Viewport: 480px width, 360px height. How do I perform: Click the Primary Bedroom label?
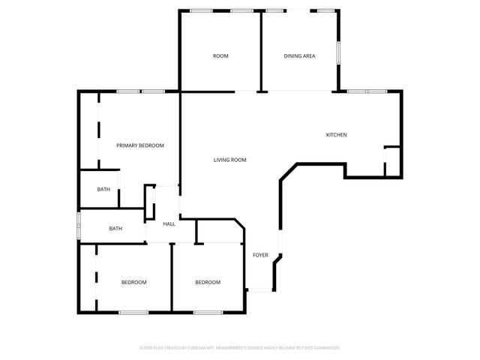tap(139, 145)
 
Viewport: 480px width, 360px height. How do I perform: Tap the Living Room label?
tap(229, 160)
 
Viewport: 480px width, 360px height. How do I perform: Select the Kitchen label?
tap(335, 135)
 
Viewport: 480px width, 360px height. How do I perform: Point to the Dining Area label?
tap(298, 56)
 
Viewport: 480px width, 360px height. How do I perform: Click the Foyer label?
tap(260, 255)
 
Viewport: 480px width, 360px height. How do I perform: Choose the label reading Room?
tap(220, 56)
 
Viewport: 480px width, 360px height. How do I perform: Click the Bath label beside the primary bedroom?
tap(103, 189)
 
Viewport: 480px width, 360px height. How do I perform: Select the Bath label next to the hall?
tap(115, 229)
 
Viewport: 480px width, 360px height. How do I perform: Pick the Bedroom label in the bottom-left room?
tap(133, 282)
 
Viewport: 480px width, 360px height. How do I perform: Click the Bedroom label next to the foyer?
tap(208, 282)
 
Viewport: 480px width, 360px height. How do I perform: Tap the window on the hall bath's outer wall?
tap(79, 226)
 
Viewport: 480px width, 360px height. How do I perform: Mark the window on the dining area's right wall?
tap(338, 52)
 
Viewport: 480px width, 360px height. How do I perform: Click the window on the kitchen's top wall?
tap(367, 91)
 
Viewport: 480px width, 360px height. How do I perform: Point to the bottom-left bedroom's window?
tap(133, 311)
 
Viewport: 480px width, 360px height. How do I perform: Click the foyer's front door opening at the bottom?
tap(260, 289)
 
